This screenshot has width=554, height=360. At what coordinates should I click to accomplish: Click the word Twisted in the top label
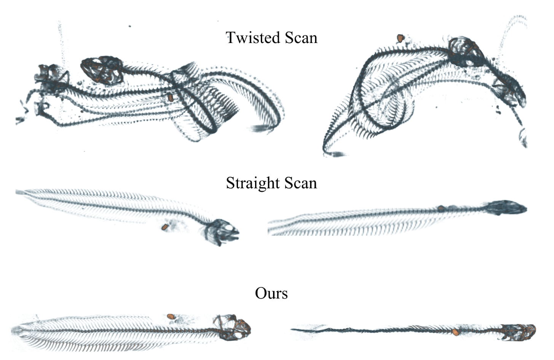(252, 38)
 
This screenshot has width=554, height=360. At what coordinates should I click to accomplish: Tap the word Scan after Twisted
(301, 38)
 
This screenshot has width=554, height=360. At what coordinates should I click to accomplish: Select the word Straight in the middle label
(252, 184)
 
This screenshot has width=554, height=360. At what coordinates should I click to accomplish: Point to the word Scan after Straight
(301, 183)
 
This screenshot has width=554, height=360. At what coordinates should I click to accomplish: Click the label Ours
(271, 293)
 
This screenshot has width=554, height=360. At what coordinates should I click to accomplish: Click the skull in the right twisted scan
(465, 53)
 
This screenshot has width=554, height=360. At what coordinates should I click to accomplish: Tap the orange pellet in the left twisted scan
(171, 98)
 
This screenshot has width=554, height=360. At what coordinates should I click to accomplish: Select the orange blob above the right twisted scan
(401, 38)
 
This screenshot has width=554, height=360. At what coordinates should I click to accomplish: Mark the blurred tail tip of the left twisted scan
(259, 128)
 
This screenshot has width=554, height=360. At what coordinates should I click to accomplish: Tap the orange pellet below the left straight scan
(164, 227)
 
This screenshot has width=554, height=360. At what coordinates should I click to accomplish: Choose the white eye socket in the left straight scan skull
(228, 228)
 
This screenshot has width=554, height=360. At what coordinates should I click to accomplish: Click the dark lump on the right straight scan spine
(441, 209)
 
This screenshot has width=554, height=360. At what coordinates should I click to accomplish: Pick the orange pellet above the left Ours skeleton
(170, 316)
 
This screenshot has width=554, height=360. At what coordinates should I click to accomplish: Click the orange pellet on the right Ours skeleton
(455, 332)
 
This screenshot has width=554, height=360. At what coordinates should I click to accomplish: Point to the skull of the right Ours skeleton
(519, 333)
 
